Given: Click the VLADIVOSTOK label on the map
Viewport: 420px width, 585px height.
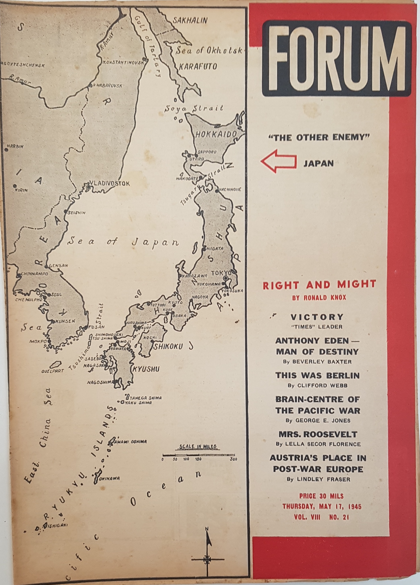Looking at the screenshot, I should (110, 184).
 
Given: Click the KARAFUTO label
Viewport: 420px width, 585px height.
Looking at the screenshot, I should (198, 67).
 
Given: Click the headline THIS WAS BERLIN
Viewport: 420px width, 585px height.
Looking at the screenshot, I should (317, 375).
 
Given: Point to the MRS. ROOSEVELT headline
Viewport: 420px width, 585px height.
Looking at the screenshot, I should (318, 434).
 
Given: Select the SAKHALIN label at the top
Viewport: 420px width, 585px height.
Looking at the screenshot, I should (190, 21).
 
